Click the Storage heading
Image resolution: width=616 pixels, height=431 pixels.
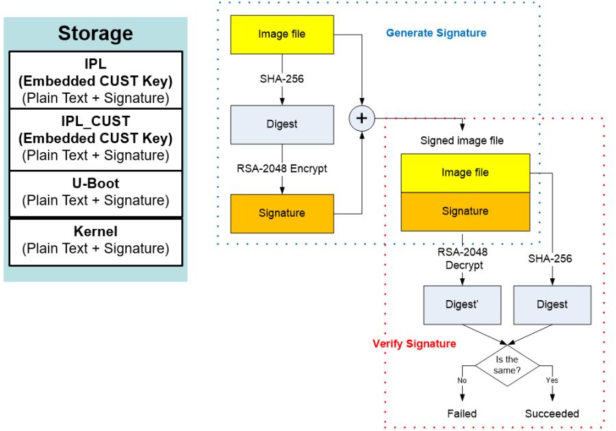pyautogui.click(x=95, y=33)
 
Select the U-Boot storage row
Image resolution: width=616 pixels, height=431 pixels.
pyautogui.click(x=95, y=193)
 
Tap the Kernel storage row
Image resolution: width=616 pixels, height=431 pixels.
pyautogui.click(x=95, y=241)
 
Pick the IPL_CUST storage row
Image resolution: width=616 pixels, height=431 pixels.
pyautogui.click(x=95, y=138)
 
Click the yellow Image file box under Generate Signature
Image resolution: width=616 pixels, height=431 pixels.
pyautogui.click(x=282, y=34)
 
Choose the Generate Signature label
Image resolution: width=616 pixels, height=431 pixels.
pyautogui.click(x=436, y=33)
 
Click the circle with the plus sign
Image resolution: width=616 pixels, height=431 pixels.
pyautogui.click(x=362, y=119)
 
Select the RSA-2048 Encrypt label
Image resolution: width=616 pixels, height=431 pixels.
pyautogui.click(x=282, y=169)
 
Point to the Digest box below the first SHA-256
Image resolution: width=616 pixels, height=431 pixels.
pyautogui.click(x=282, y=124)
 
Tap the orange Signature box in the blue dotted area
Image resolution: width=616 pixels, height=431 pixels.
pyautogui.click(x=282, y=213)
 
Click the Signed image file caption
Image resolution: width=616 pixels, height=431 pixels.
pyautogui.click(x=461, y=140)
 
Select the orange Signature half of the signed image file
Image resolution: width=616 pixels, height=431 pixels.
pyautogui.click(x=465, y=211)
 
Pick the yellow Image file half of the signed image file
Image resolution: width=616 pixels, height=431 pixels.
pyautogui.click(x=465, y=173)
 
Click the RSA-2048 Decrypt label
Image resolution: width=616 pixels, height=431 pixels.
pyautogui.click(x=463, y=258)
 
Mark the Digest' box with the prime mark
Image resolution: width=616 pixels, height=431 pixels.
pyautogui.click(x=463, y=304)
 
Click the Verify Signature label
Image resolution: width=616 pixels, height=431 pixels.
pyautogui.click(x=414, y=343)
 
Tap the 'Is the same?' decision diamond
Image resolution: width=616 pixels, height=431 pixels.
pyautogui.click(x=507, y=365)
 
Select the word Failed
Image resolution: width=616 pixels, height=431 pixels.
pyautogui.click(x=462, y=413)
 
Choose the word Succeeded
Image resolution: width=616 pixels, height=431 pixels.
pyautogui.click(x=552, y=413)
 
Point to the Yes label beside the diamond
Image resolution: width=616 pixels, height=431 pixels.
pyautogui.click(x=552, y=380)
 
